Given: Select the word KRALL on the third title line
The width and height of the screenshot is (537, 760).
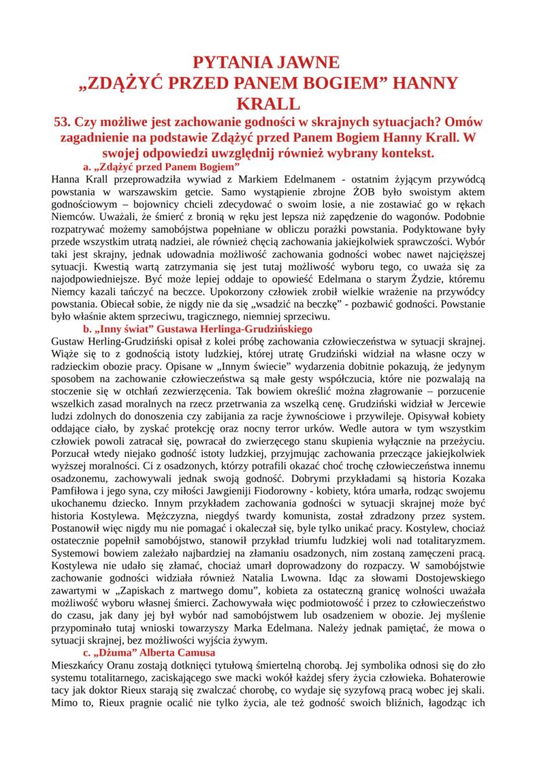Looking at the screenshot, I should [x=268, y=103].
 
